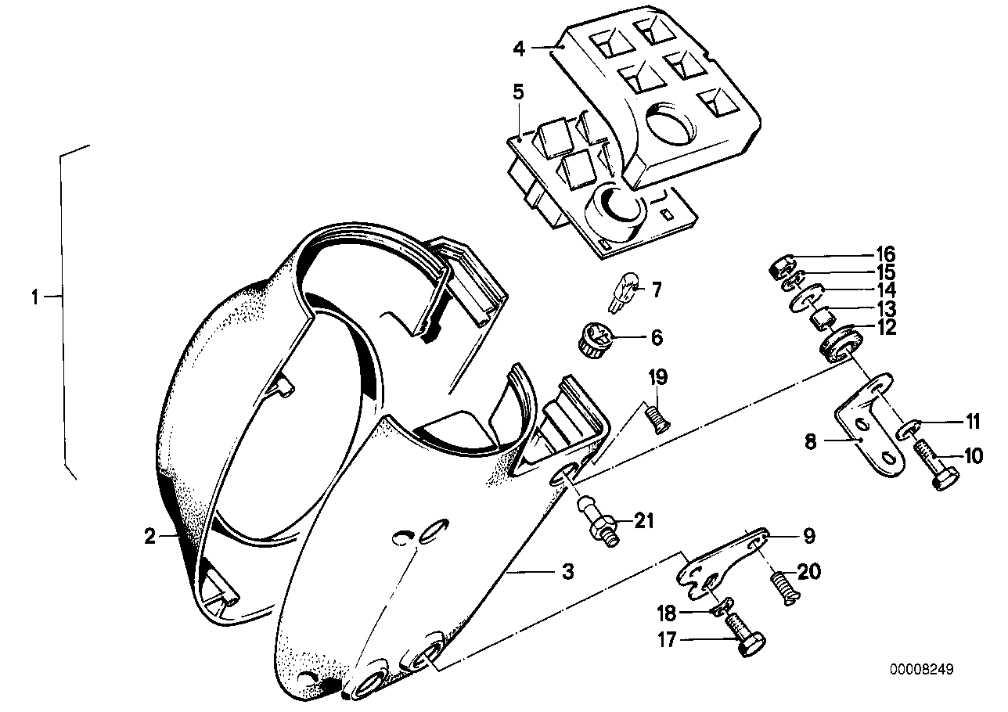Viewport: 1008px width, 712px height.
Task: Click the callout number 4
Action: (x=519, y=48)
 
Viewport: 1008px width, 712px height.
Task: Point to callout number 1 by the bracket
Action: (x=34, y=297)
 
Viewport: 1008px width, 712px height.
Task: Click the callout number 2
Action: (x=149, y=536)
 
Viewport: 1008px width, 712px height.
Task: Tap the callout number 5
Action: (x=518, y=92)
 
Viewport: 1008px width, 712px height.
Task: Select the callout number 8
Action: (x=810, y=442)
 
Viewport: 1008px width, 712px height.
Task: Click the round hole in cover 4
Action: (x=668, y=124)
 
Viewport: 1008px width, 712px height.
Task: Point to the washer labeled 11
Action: (x=908, y=429)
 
